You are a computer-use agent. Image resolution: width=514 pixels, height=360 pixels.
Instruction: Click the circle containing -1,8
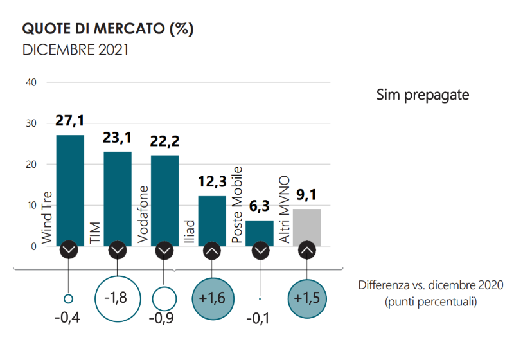coord(117,298)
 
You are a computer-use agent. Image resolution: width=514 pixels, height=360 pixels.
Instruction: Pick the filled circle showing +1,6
coord(212,298)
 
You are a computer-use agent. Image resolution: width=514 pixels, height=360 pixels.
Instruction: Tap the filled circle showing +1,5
coord(307,298)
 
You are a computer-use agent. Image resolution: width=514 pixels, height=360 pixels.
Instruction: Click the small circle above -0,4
coord(69,298)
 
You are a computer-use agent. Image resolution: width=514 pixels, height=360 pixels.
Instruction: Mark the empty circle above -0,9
coord(164,298)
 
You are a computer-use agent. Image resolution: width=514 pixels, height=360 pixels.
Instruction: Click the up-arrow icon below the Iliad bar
coord(212,250)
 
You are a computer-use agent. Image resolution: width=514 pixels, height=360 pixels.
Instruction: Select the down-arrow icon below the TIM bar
coord(117,250)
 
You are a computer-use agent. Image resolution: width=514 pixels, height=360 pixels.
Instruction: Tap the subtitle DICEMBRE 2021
coord(75,50)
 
